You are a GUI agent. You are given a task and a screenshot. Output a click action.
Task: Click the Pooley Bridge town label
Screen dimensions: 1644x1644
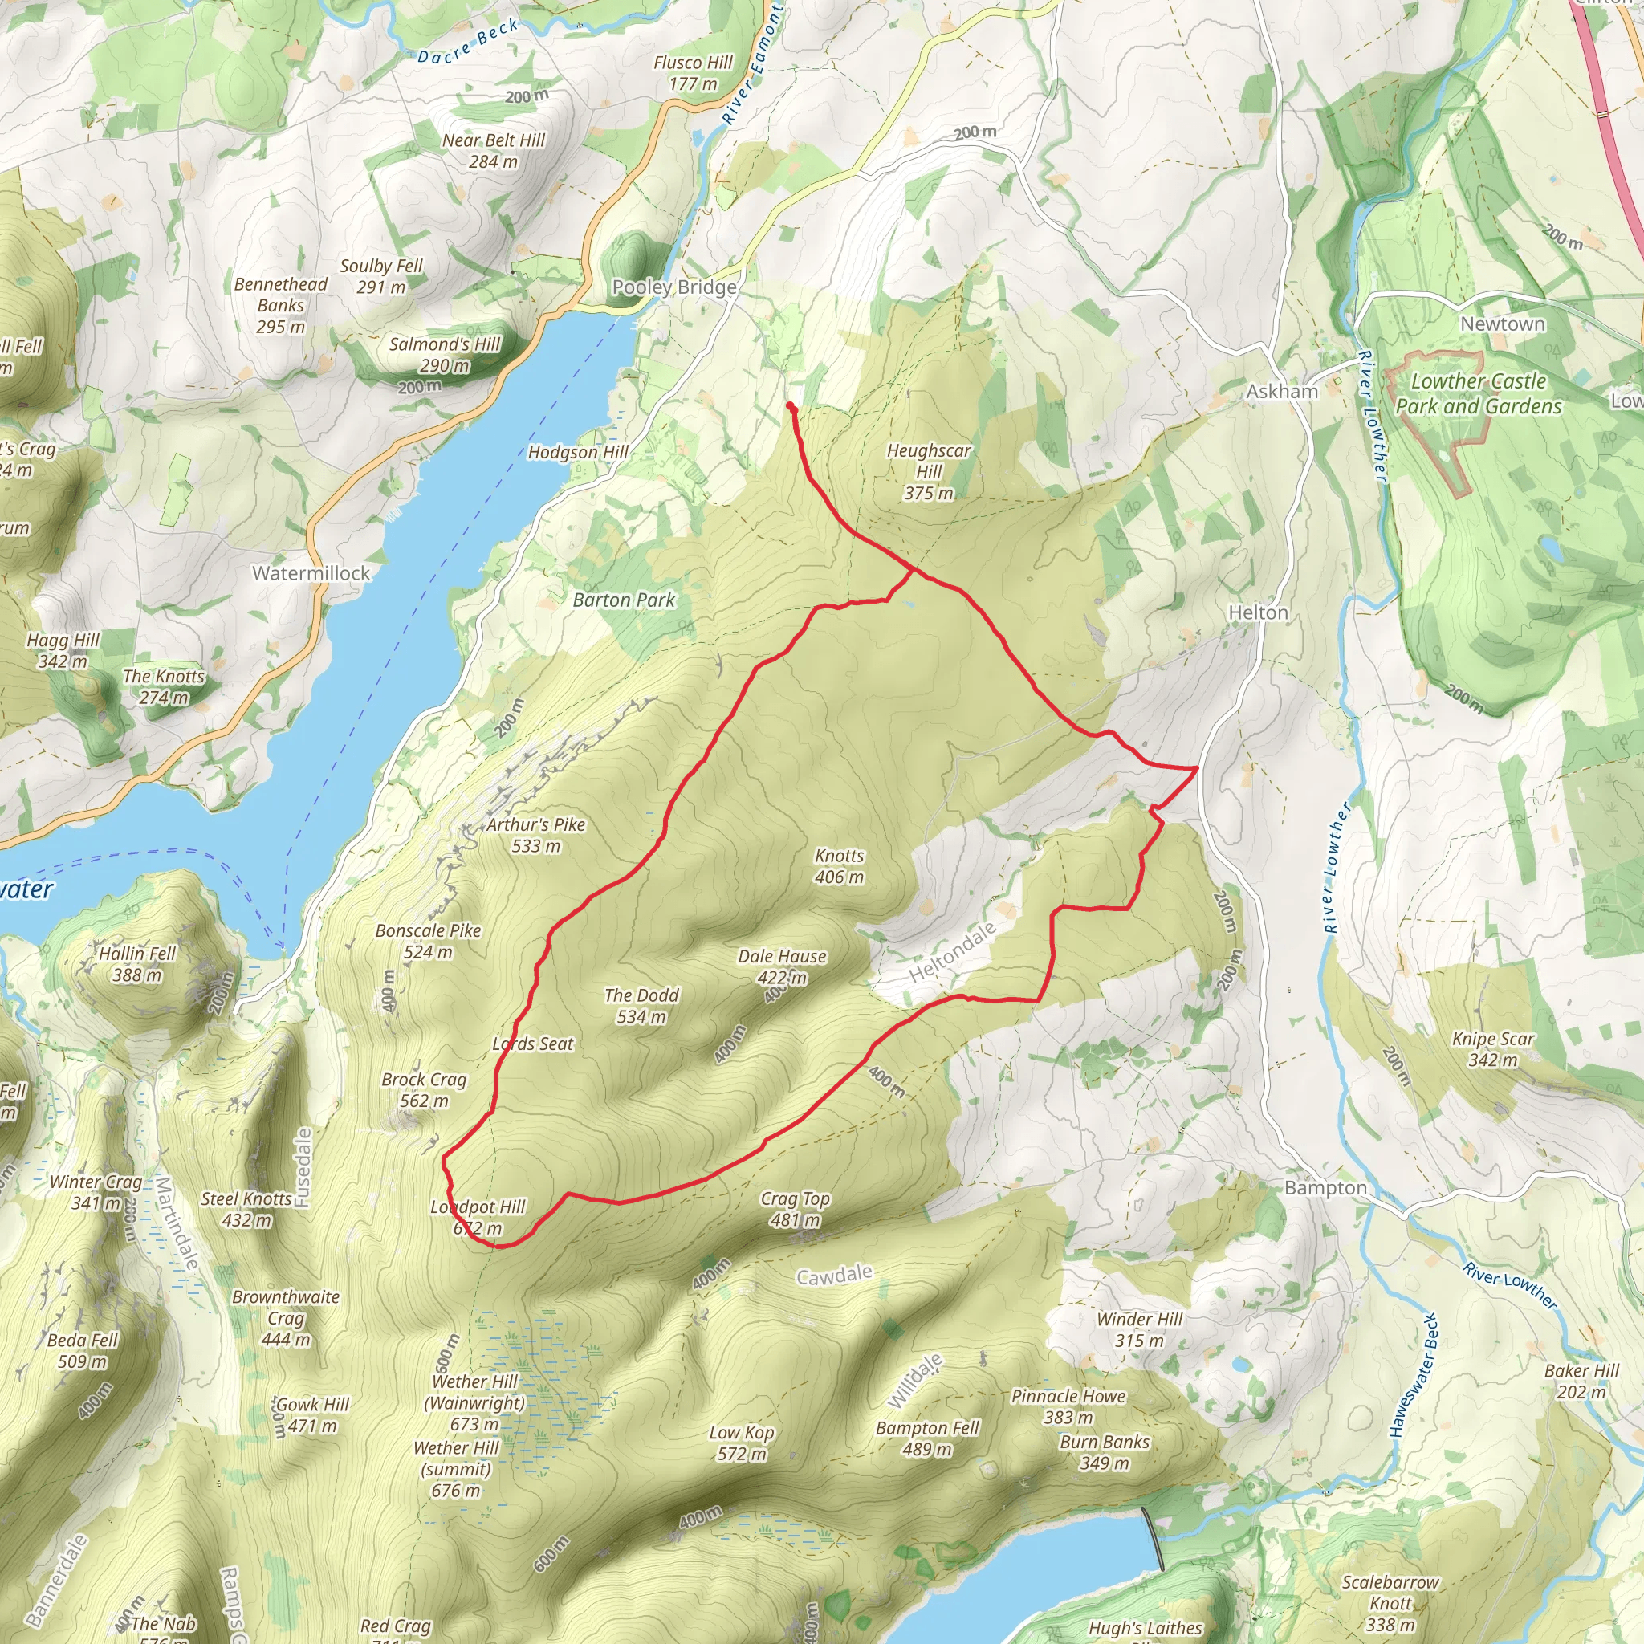coord(674,287)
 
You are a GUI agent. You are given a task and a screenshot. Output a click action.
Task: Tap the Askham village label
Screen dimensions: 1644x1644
coord(1281,392)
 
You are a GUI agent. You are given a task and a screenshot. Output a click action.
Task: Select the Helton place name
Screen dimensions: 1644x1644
coord(1258,612)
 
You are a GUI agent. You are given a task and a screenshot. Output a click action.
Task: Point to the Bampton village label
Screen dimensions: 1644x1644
coord(1325,1188)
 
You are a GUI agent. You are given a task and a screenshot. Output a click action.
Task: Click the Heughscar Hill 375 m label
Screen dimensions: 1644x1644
coord(929,471)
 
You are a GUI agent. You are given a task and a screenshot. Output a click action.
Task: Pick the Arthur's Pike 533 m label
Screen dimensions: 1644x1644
coord(536,835)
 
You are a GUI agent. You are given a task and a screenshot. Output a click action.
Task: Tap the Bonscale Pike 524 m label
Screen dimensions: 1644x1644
coord(428,941)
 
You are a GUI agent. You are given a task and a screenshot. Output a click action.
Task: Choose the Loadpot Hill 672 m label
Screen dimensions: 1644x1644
coord(478,1218)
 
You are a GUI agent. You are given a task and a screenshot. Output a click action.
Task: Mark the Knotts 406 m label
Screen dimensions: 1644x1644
coord(839,866)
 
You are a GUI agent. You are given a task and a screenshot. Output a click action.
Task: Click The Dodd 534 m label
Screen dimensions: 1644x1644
coord(641,1006)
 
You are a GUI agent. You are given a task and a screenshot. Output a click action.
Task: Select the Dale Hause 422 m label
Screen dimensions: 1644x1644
coord(782,966)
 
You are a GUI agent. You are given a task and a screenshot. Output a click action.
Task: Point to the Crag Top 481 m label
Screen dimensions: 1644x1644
coord(795,1209)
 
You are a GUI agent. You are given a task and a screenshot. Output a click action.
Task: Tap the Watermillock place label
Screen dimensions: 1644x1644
coord(311,573)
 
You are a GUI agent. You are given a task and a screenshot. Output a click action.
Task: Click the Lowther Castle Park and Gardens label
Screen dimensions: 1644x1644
coord(1478,394)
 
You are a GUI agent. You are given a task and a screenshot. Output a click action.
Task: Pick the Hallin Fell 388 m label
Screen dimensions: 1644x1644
coord(137,964)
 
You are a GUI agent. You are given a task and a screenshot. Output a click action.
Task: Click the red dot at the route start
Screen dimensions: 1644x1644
coord(791,406)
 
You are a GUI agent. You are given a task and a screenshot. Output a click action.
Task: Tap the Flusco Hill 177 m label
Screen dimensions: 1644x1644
coord(693,73)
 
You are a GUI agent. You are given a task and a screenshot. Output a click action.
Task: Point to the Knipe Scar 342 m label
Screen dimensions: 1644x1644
coord(1492,1049)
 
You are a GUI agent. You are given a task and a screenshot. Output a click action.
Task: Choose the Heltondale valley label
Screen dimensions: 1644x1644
coord(952,952)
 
